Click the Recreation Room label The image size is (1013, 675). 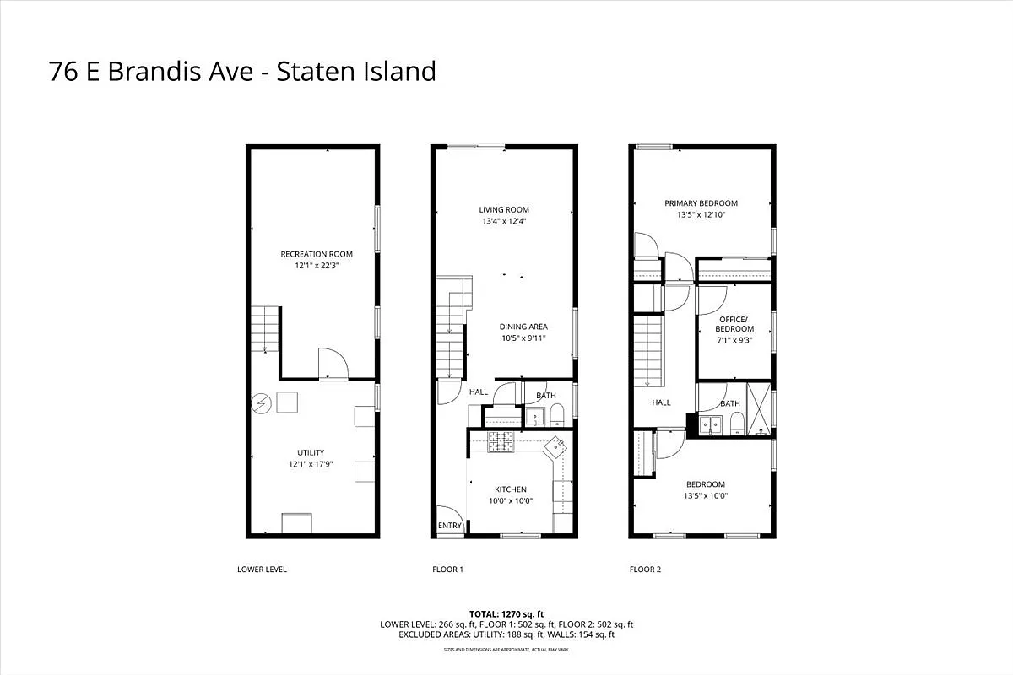click(x=317, y=254)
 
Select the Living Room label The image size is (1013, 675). click(x=504, y=210)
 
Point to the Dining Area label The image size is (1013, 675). click(x=523, y=327)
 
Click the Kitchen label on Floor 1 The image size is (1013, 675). click(x=510, y=489)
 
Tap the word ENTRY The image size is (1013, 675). click(x=450, y=526)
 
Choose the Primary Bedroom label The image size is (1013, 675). click(x=701, y=203)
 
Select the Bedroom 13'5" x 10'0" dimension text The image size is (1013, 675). click(x=705, y=496)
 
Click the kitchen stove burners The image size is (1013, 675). click(x=500, y=441)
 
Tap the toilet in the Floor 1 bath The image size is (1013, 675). click(x=557, y=414)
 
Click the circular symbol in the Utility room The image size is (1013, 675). click(x=261, y=404)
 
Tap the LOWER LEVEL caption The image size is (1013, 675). click(x=262, y=570)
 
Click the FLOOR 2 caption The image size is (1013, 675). click(x=645, y=570)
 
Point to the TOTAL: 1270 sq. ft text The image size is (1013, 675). click(x=506, y=613)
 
